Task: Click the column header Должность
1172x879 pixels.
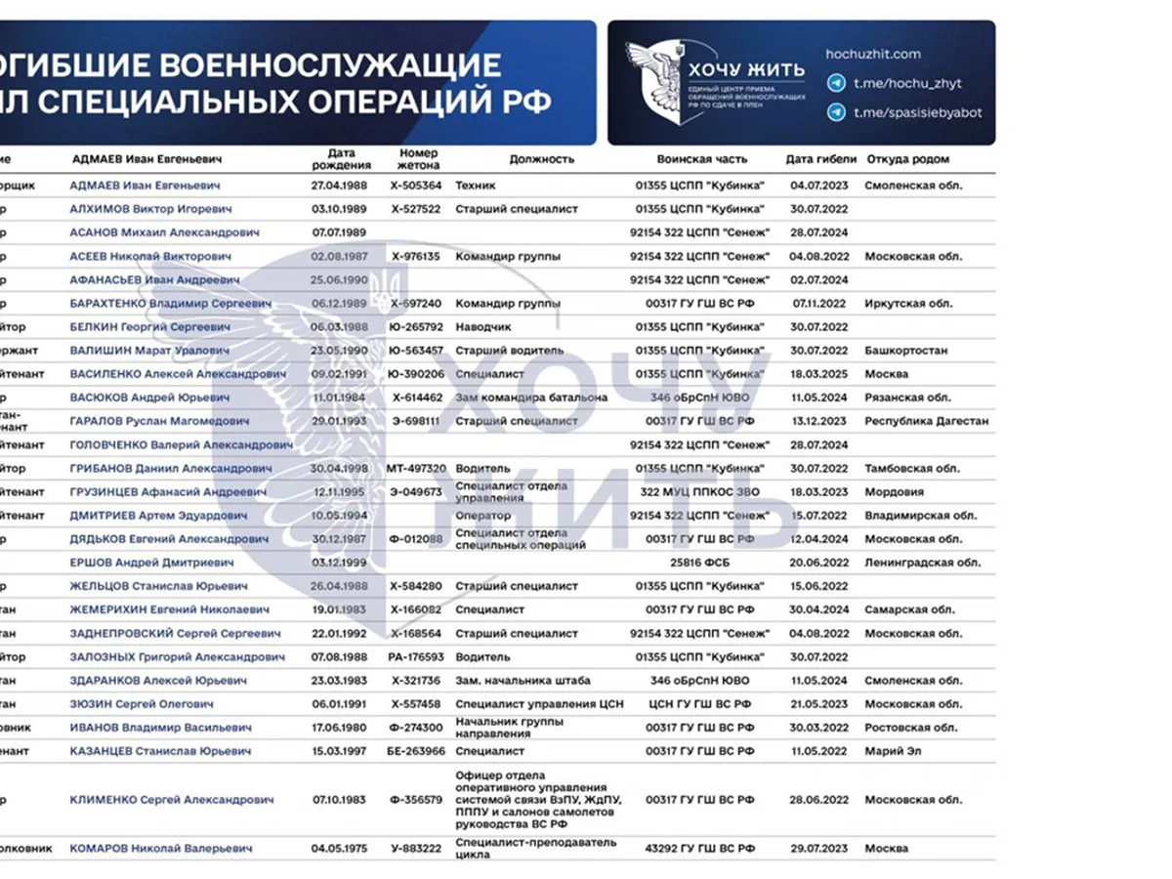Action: [541, 159]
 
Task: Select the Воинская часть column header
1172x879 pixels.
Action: [702, 159]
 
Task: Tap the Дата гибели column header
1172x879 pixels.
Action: [820, 159]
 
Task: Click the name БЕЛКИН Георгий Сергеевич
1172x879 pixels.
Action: [150, 327]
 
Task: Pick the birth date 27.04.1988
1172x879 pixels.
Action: [338, 185]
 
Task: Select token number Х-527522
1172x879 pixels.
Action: [416, 209]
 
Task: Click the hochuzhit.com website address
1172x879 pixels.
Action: [872, 55]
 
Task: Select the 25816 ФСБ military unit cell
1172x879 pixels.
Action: [700, 564]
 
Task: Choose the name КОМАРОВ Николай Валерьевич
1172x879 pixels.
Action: [161, 849]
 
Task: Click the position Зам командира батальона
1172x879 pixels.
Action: [531, 398]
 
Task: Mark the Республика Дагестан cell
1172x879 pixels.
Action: [927, 421]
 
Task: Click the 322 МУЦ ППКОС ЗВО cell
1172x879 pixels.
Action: [700, 492]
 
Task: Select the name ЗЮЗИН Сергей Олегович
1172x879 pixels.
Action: [142, 704]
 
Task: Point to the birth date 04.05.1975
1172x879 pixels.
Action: [340, 849]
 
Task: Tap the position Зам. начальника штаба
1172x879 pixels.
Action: [523, 681]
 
